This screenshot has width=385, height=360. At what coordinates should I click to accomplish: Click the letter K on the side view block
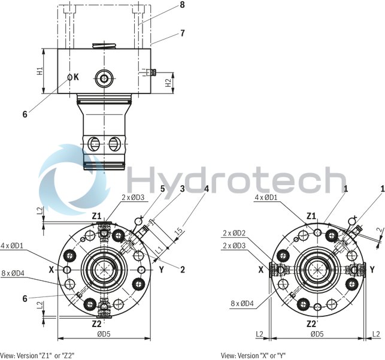tap(76, 77)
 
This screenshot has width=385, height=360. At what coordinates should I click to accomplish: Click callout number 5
tap(162, 189)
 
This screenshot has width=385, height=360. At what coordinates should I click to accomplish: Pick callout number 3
tap(182, 189)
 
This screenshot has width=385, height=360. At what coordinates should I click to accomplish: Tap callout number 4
tap(206, 189)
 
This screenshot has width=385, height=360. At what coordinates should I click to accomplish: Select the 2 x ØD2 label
tap(235, 233)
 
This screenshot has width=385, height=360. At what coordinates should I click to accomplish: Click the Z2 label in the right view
tap(311, 323)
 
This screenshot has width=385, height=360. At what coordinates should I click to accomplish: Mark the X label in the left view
tap(52, 270)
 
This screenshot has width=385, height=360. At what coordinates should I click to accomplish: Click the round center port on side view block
tap(106, 77)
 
